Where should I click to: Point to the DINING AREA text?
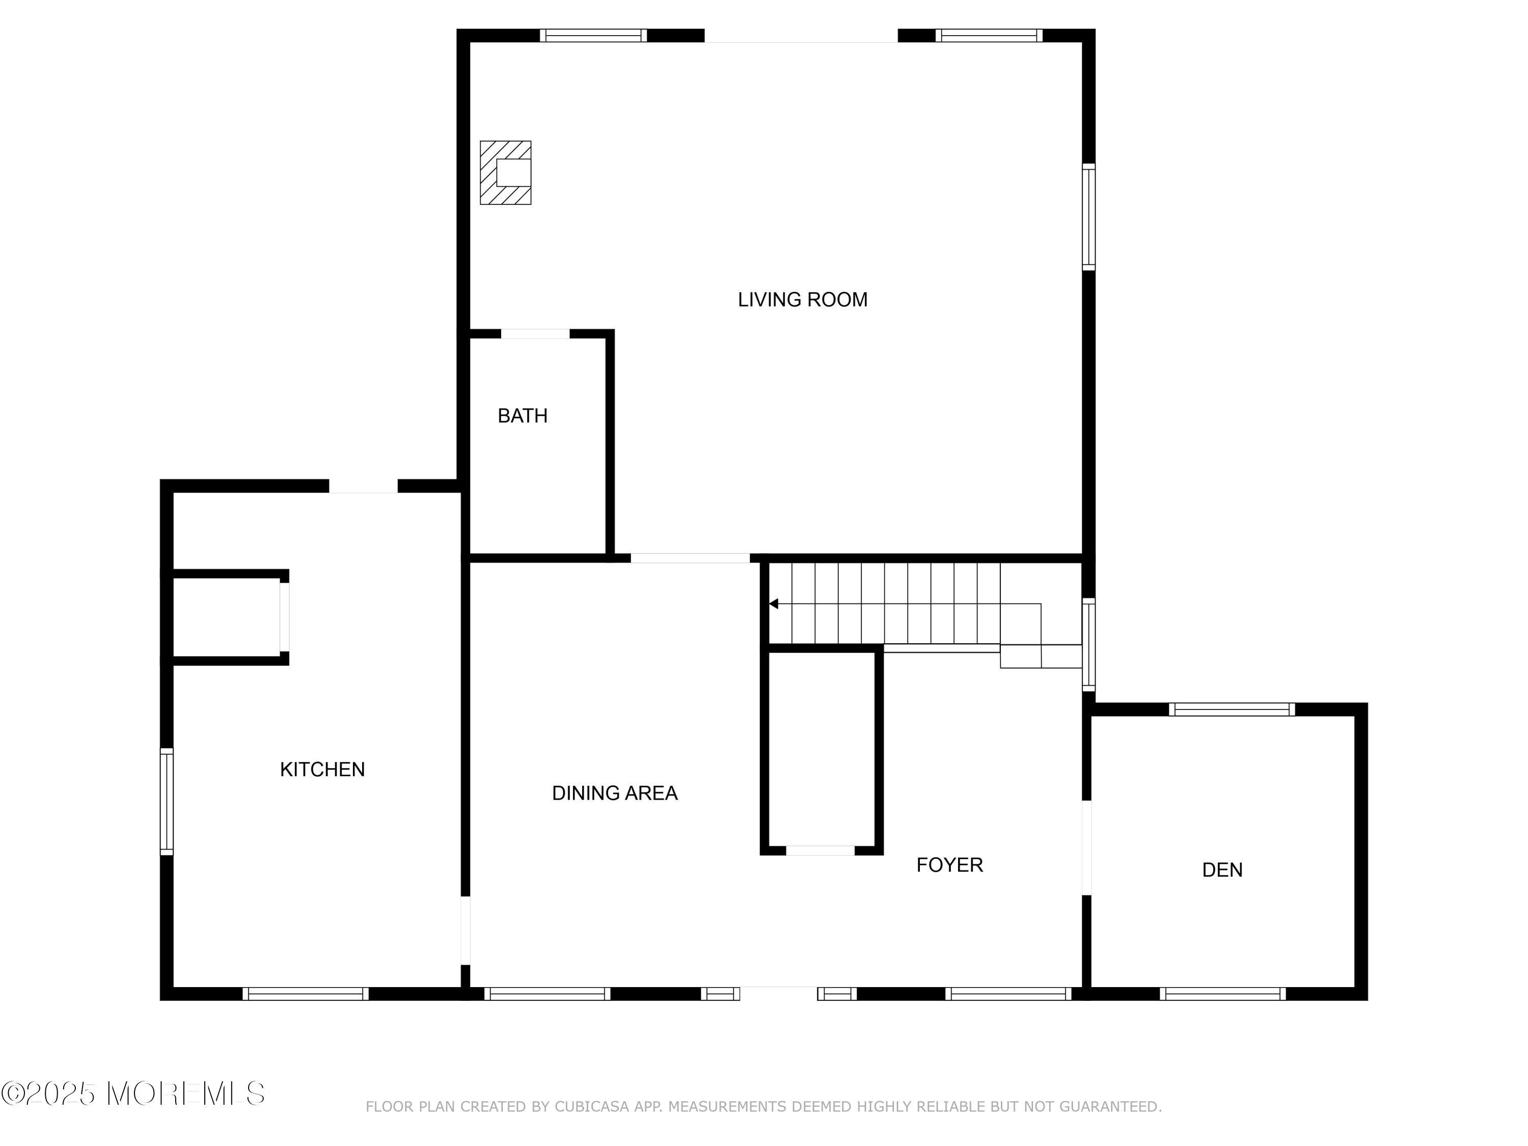pos(614,793)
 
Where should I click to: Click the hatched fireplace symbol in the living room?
pos(506,173)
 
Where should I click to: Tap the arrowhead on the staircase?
pos(774,604)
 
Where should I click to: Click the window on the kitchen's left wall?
pos(167,801)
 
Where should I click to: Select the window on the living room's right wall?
pos(1088,217)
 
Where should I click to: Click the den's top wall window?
pos(1232,710)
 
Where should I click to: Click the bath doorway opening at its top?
pos(535,334)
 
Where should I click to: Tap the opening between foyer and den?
pos(1086,848)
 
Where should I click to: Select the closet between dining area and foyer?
pos(822,750)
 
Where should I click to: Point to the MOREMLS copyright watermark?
pos(132,1094)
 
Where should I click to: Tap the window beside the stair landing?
pos(1088,644)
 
